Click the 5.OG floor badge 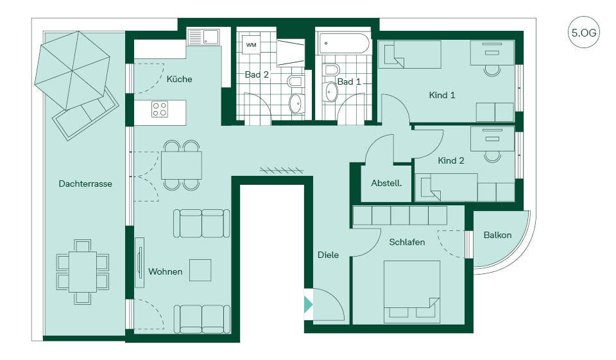[x=583, y=32]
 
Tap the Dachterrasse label [x=85, y=184]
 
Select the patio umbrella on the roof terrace [x=73, y=71]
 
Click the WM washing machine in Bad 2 [x=251, y=44]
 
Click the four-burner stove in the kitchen [x=160, y=109]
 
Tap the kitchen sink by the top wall [x=203, y=37]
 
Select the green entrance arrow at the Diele [x=308, y=304]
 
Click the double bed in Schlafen [x=412, y=291]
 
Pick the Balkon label [x=497, y=235]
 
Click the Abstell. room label [x=386, y=183]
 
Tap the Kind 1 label [x=442, y=95]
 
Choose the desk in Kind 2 [x=492, y=139]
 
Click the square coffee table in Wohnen [x=200, y=270]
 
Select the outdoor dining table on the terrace [x=83, y=271]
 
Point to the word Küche [x=179, y=79]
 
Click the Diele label [x=328, y=255]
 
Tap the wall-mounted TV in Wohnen [x=139, y=262]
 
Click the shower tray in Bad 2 [x=291, y=52]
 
